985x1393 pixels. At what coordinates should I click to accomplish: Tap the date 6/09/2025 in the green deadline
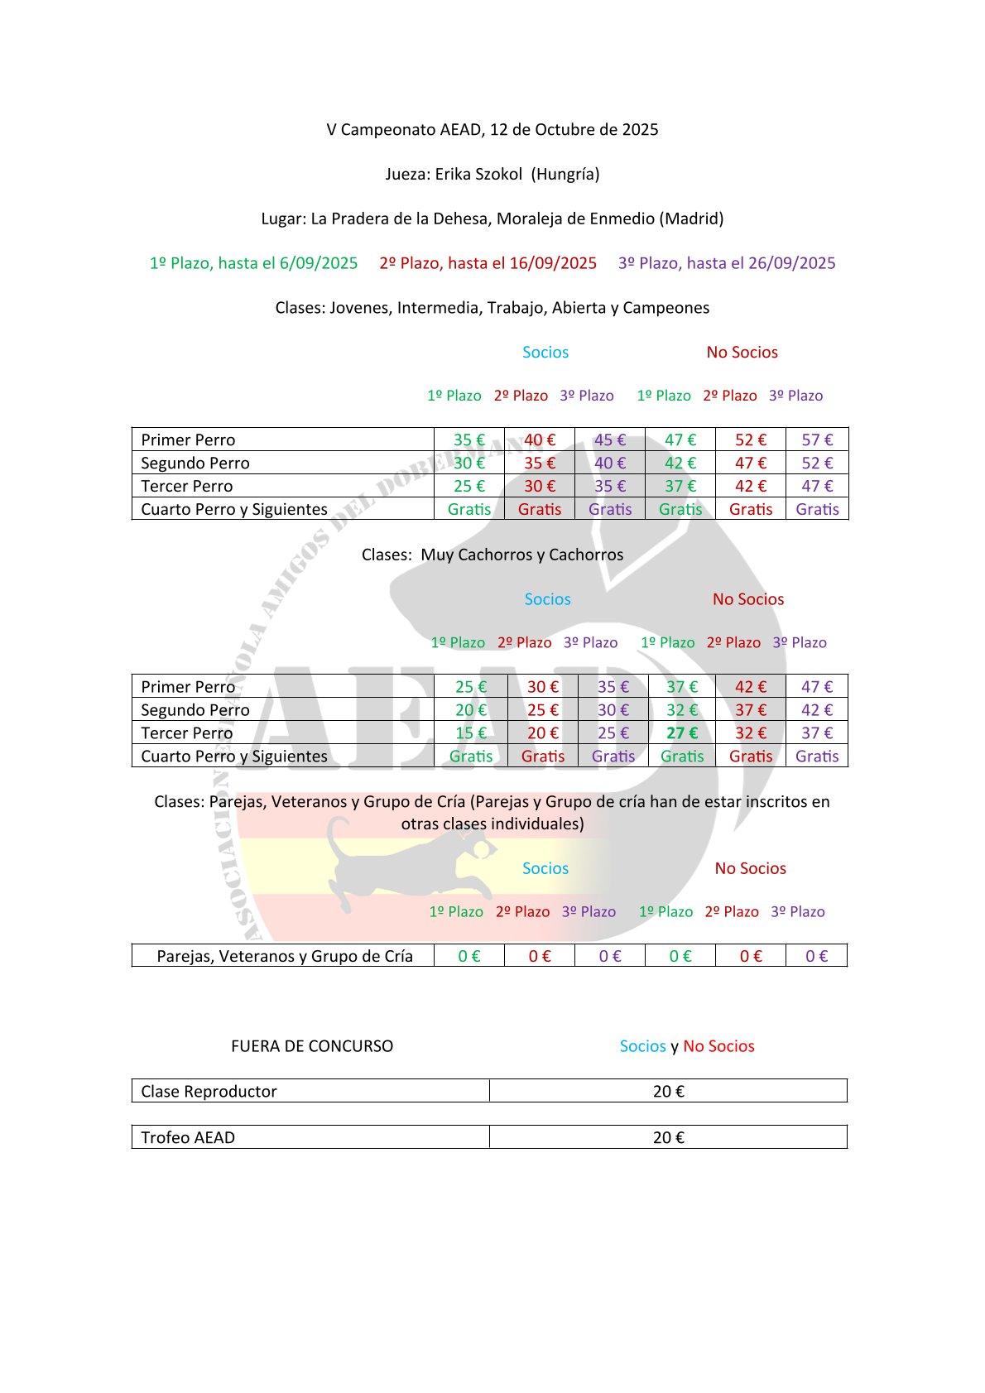pyautogui.click(x=319, y=263)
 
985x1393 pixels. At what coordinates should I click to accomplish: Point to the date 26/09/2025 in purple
pyautogui.click(x=792, y=263)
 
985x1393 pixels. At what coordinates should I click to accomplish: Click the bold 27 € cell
pyautogui.click(x=682, y=733)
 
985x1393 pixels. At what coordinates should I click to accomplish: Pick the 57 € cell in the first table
pyautogui.click(x=817, y=440)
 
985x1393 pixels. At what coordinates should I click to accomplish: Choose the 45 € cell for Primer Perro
pyautogui.click(x=610, y=440)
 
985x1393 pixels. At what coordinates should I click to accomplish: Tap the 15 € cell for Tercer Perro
pyautogui.click(x=470, y=733)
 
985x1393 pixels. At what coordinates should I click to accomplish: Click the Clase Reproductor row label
pyautogui.click(x=209, y=1091)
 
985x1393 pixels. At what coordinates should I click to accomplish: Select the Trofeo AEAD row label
pyautogui.click(x=188, y=1137)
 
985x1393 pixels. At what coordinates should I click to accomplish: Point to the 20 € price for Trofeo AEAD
pyautogui.click(x=668, y=1137)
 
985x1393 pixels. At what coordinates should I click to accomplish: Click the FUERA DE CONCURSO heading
pyautogui.click(x=312, y=1045)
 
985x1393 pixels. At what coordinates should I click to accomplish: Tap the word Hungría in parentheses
pyautogui.click(x=566, y=174)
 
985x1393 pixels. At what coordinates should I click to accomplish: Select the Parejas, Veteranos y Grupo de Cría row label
pyautogui.click(x=285, y=956)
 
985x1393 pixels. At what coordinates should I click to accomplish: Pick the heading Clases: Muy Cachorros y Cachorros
pyautogui.click(x=492, y=555)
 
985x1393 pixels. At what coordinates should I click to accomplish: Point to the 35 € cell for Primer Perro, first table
pyautogui.click(x=469, y=440)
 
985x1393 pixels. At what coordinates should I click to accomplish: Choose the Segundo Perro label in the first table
pyautogui.click(x=195, y=463)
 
